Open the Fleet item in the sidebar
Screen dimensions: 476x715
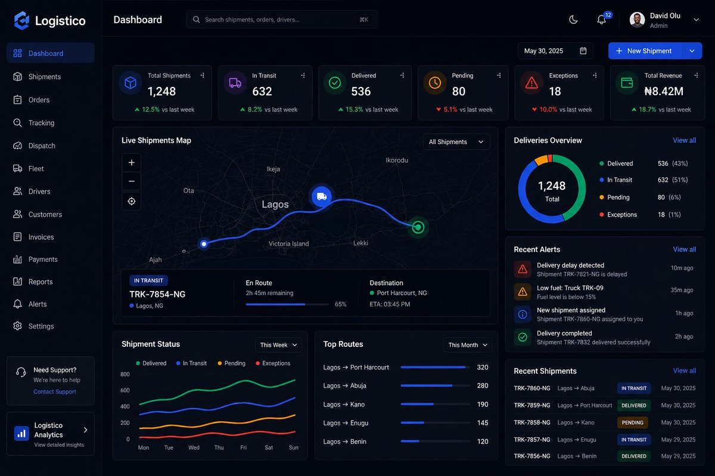click(x=36, y=169)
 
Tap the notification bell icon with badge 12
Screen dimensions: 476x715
click(x=602, y=20)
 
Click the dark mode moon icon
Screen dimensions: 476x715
click(x=573, y=20)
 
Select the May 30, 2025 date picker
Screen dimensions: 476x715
click(x=555, y=51)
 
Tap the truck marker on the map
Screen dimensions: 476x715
click(x=322, y=196)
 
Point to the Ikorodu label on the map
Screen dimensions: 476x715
click(x=397, y=160)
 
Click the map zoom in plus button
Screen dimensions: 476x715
click(x=131, y=162)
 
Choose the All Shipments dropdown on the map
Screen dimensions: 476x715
click(x=456, y=142)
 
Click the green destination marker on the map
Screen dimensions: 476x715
click(x=418, y=227)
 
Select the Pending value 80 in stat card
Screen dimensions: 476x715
click(x=459, y=92)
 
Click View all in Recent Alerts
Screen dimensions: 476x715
click(x=684, y=249)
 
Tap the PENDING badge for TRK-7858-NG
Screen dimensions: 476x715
click(x=633, y=422)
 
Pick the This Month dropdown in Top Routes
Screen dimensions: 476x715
click(x=468, y=345)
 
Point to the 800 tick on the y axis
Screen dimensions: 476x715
click(x=125, y=374)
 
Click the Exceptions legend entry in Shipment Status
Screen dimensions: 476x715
click(x=273, y=364)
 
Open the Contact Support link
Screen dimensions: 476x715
click(x=55, y=392)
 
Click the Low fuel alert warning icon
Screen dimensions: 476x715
click(x=523, y=292)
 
